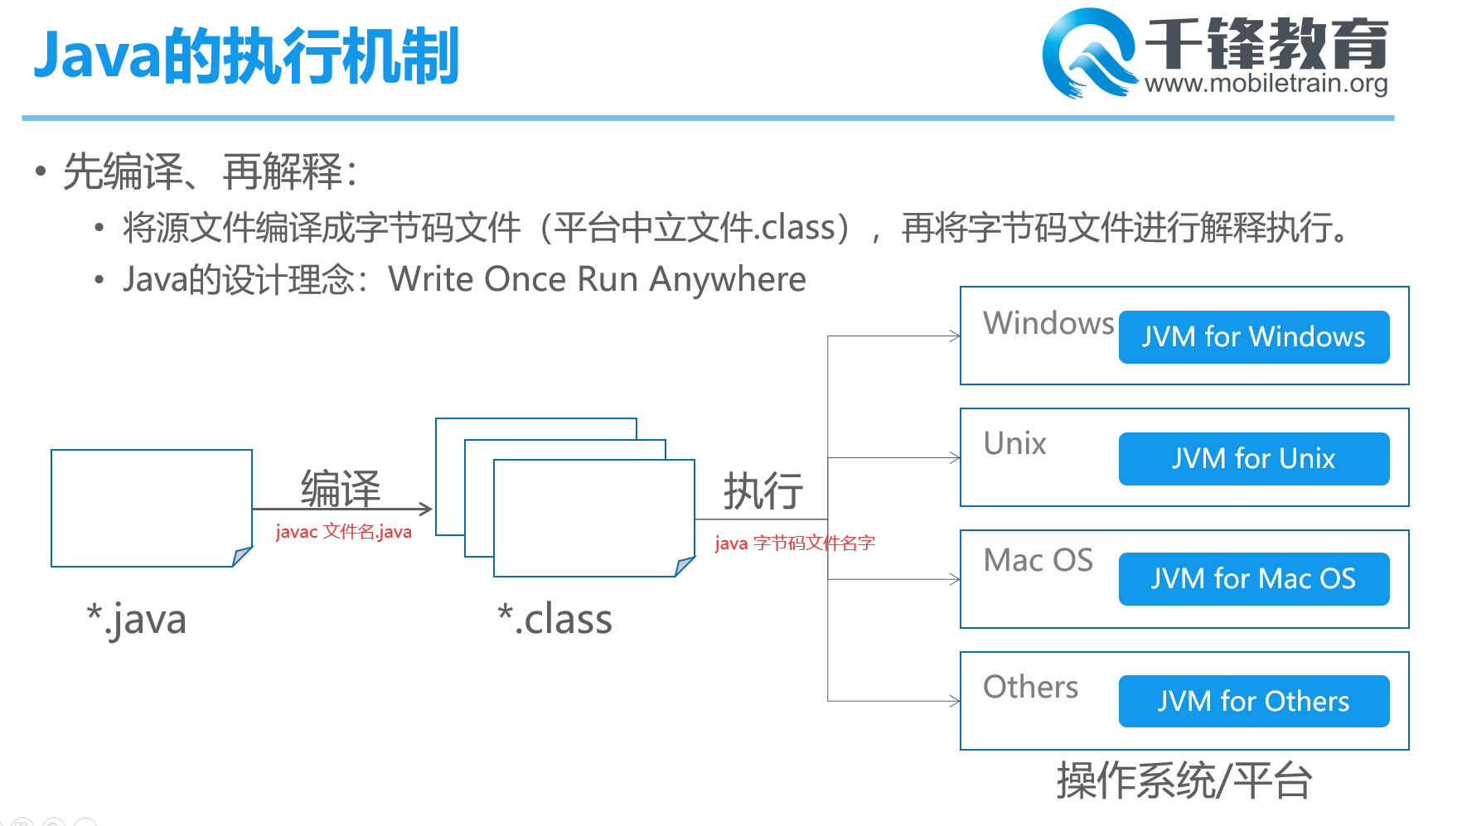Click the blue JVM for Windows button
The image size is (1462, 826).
tap(1254, 337)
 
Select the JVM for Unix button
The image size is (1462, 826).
tap(1254, 459)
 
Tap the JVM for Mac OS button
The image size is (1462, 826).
tap(1254, 579)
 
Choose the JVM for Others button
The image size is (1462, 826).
tap(1254, 702)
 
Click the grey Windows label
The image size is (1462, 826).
tap(1048, 323)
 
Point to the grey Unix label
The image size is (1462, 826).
tap(1015, 443)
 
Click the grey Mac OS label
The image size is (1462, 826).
tap(1038, 560)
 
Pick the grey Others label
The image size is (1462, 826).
tap(1031, 687)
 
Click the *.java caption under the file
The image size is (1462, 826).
tap(137, 621)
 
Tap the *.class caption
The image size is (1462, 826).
tap(554, 620)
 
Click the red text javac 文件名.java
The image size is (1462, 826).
tap(343, 532)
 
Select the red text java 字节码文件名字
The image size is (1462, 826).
tap(795, 543)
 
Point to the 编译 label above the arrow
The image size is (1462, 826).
tap(341, 488)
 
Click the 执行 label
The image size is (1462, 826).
tap(763, 491)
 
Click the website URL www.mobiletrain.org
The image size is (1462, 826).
tap(1266, 84)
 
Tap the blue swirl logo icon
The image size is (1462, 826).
tap(1089, 53)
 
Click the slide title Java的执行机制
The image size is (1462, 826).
tap(246, 56)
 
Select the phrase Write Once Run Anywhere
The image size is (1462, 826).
tap(597, 280)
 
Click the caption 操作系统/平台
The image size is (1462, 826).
tap(1184, 780)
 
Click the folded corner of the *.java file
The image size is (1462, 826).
tap(241, 557)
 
